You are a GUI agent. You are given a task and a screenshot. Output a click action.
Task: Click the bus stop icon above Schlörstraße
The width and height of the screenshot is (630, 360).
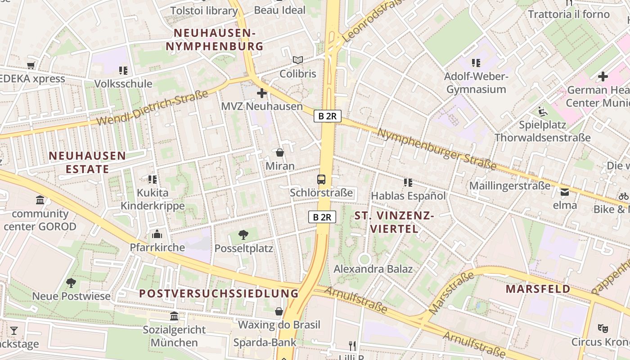click(321, 180)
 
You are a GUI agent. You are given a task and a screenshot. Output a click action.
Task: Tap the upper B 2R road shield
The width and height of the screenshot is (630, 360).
click(328, 116)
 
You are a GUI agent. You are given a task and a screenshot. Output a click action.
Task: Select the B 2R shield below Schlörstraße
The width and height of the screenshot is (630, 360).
click(322, 217)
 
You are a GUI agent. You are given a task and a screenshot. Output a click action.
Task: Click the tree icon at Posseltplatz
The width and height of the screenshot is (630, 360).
click(243, 234)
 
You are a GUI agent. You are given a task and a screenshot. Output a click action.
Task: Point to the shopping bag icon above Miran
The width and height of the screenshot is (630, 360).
click(280, 153)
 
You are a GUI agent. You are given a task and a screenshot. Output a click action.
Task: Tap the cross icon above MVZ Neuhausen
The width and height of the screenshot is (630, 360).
click(262, 93)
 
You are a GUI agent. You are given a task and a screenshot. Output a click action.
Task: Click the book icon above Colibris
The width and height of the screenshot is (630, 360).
click(297, 60)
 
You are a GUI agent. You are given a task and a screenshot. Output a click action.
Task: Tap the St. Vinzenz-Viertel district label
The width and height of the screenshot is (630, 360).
click(394, 222)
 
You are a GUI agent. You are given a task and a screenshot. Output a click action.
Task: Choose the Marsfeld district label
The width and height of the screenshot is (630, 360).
click(538, 289)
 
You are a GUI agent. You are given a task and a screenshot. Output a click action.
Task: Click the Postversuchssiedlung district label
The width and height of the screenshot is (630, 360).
click(219, 293)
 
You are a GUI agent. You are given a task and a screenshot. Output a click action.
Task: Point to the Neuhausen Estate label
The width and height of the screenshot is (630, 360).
click(87, 162)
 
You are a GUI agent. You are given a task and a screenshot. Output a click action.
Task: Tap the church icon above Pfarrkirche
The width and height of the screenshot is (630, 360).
click(157, 234)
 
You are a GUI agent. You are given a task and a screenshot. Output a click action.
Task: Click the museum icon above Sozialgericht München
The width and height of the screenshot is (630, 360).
click(174, 316)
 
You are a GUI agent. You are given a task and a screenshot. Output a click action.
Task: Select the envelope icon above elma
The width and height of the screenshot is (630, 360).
click(564, 192)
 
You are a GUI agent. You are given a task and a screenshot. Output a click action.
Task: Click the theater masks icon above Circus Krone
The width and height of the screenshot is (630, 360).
click(603, 328)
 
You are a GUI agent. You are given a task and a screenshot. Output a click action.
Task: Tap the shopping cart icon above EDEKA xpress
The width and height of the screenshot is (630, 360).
click(31, 66)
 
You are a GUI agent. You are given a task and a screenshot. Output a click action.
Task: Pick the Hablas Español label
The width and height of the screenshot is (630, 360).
click(408, 196)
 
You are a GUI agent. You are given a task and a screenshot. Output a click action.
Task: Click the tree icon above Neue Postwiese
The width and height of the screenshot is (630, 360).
click(71, 283)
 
